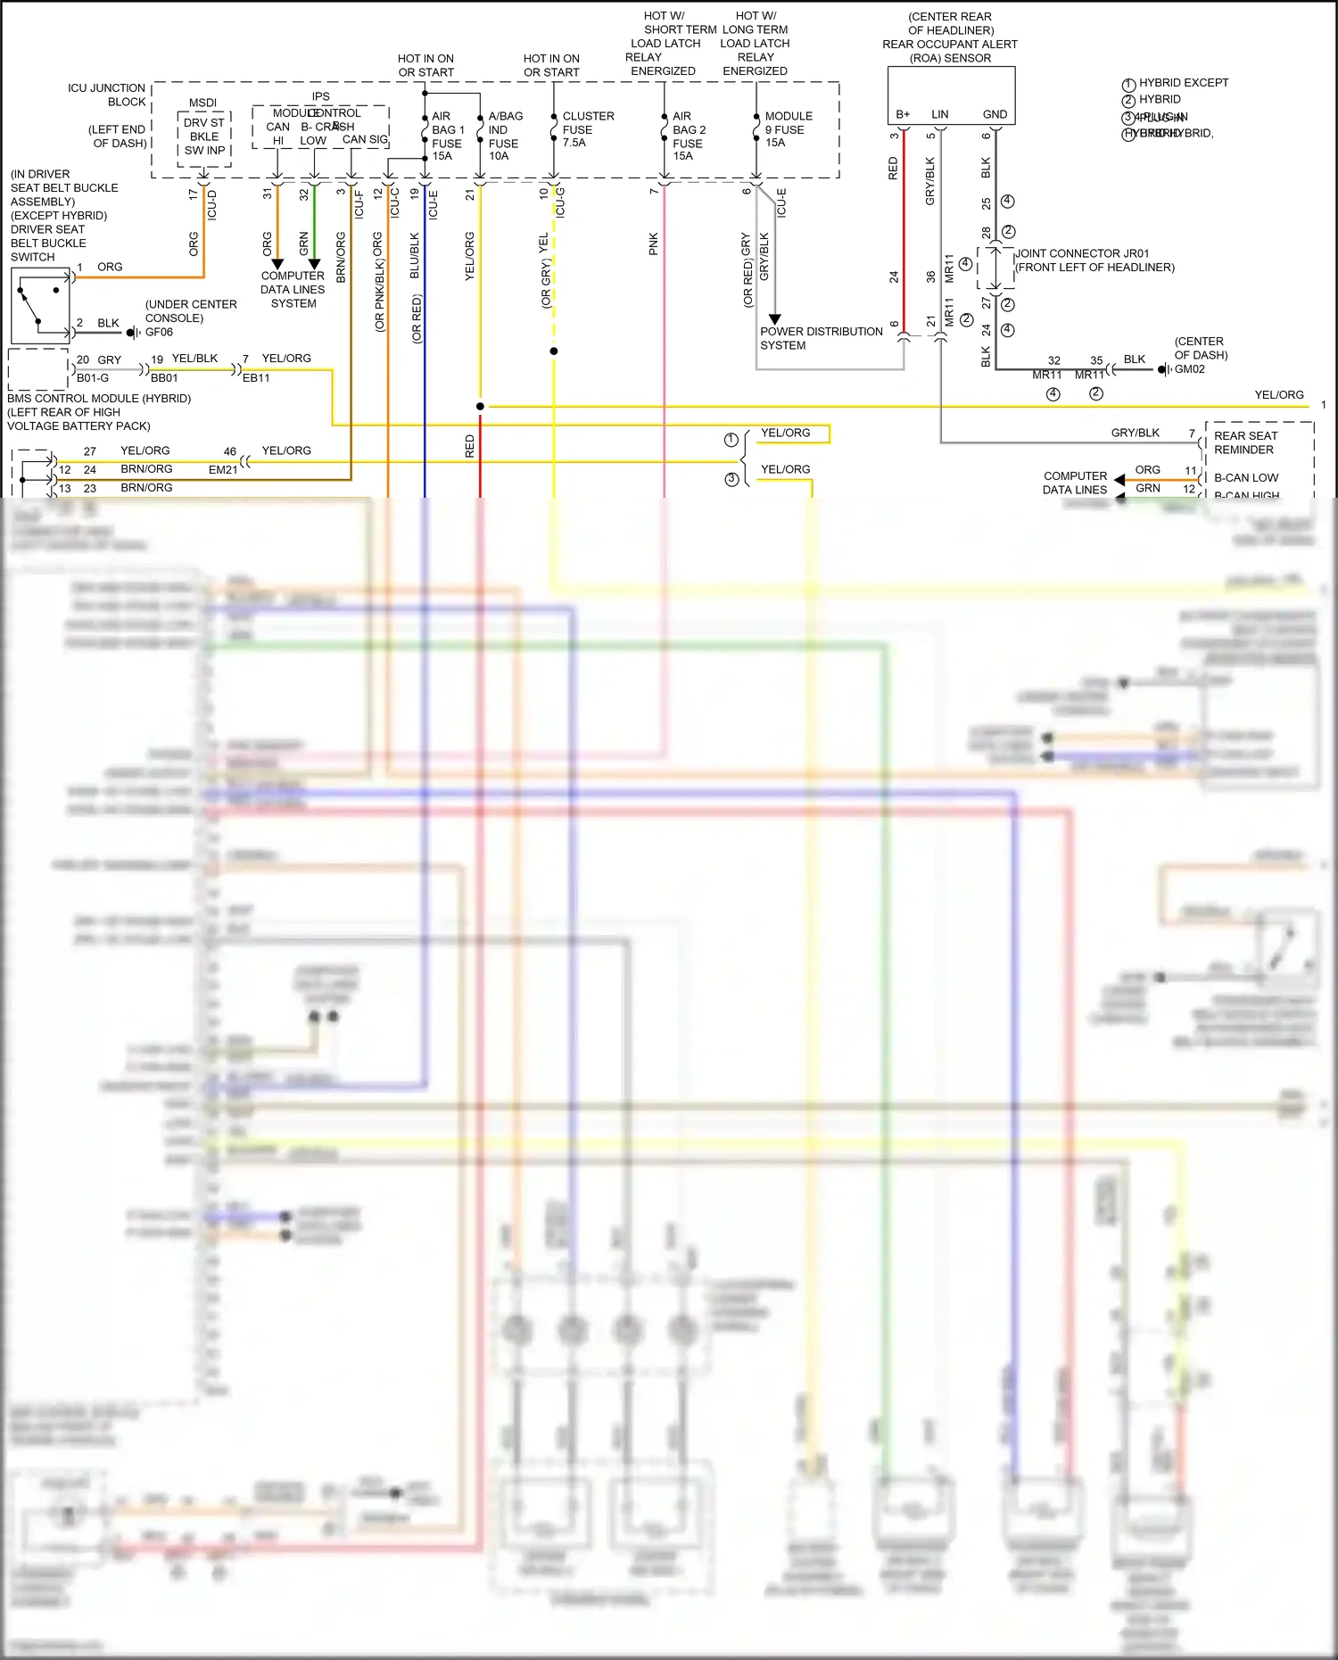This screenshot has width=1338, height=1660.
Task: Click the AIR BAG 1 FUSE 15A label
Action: point(447,136)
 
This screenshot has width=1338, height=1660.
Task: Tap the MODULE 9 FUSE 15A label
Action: point(788,129)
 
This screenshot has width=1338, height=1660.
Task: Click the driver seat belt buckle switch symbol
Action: point(40,306)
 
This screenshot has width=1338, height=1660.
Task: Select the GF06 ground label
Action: point(159,332)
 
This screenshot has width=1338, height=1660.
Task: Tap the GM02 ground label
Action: point(1189,369)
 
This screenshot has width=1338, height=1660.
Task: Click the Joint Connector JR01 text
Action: point(1083,253)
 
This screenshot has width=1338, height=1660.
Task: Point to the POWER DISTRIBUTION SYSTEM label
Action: point(821,338)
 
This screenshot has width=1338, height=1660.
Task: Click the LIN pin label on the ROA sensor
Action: point(939,114)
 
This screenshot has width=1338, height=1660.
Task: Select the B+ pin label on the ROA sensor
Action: point(903,114)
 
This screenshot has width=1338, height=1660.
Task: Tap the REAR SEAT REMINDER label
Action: point(1245,442)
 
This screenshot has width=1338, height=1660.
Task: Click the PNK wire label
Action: point(653,244)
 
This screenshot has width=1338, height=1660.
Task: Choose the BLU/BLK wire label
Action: point(414,255)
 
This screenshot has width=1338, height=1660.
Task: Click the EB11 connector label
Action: point(256,378)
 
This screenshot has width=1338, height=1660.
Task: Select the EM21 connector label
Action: point(223,469)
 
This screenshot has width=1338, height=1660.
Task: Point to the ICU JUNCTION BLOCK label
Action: point(106,95)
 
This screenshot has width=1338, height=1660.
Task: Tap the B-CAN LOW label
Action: point(1245,478)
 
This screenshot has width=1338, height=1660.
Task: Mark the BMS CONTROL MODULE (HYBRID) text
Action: point(99,399)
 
